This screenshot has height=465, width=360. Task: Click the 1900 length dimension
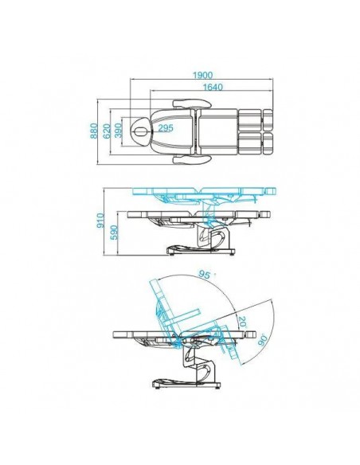coord(202,75)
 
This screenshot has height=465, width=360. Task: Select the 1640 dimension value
coord(213,87)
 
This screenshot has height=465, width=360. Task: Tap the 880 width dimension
coord(93,131)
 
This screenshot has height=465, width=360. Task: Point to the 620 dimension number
coord(107,131)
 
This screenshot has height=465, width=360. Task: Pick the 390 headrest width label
coord(119,131)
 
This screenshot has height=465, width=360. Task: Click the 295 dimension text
coord(166,128)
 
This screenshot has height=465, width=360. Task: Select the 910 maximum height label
coord(101,221)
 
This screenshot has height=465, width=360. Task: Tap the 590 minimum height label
coord(115,232)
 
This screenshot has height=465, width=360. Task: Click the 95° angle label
coord(205,275)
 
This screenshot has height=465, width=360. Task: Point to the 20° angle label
coord(242,322)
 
